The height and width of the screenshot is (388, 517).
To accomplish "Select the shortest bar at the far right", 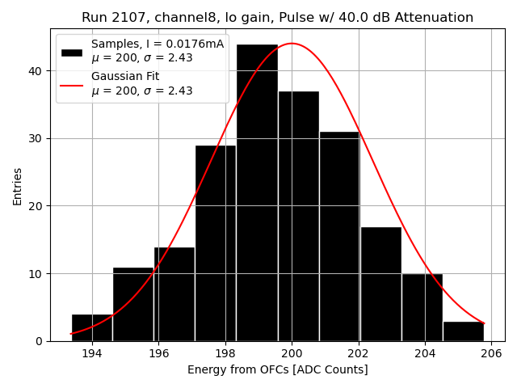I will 464,331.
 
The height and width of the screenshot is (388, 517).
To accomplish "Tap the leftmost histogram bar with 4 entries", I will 92,327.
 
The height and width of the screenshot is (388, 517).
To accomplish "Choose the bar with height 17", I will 380,284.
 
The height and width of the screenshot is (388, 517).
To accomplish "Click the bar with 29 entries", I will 216,242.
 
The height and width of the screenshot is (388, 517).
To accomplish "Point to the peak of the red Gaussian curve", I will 291,44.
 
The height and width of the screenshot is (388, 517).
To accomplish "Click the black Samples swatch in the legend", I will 72,52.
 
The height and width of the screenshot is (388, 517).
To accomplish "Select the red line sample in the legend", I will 72,84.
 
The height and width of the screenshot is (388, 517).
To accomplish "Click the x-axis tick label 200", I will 292,353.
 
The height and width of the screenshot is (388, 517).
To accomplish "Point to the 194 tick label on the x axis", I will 91,353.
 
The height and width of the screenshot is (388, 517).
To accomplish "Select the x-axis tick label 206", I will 491,353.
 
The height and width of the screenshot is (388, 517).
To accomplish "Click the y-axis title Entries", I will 18,186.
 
